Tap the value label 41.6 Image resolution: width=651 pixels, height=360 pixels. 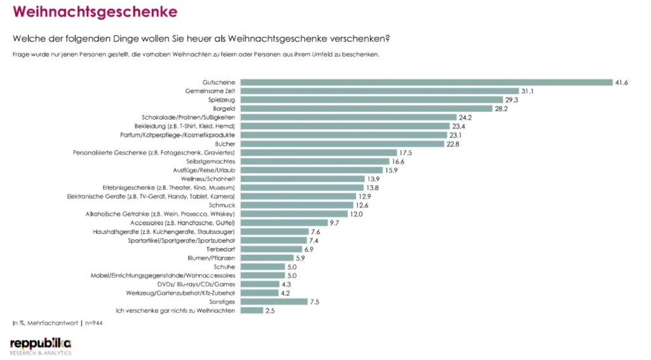[621, 82]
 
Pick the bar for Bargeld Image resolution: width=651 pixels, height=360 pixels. [366, 109]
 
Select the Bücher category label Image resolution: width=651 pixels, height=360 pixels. [226, 144]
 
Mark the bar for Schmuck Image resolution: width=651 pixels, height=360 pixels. [297, 205]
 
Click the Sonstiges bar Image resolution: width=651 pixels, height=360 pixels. [274, 301]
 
